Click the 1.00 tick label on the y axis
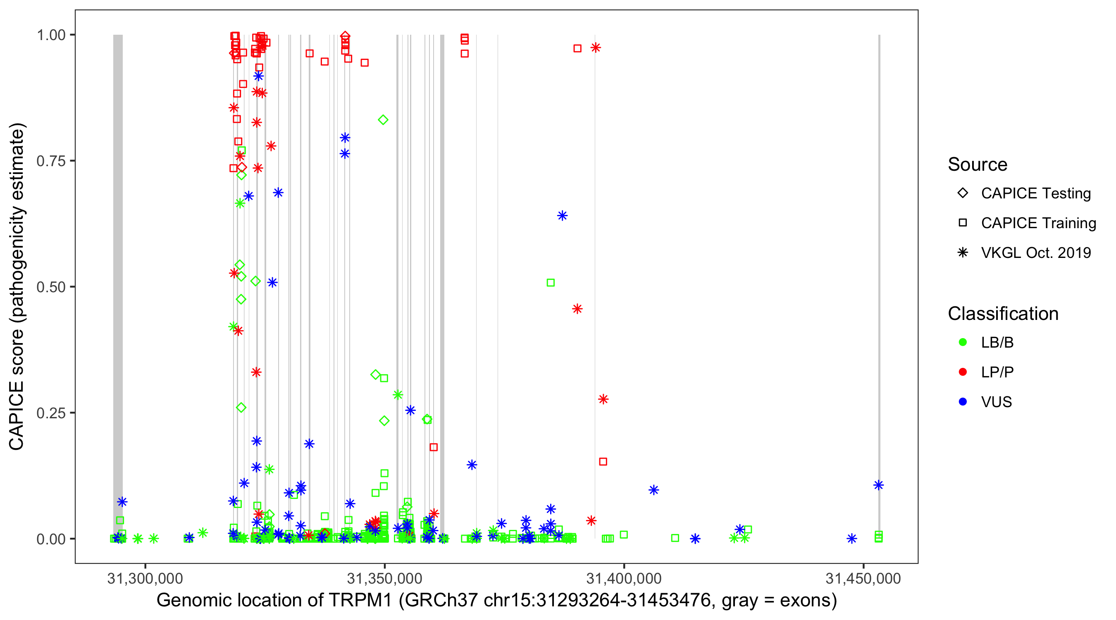(x=51, y=35)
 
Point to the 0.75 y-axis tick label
(x=51, y=161)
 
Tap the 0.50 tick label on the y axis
(x=51, y=287)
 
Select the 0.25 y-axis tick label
(x=51, y=413)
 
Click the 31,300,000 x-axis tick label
(x=145, y=578)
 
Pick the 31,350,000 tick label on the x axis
(x=385, y=578)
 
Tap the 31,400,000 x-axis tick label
(x=624, y=578)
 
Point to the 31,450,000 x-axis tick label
(x=863, y=578)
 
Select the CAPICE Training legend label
(x=1038, y=223)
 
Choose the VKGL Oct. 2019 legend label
(x=1036, y=253)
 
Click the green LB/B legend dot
(x=963, y=342)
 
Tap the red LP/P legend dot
(x=963, y=372)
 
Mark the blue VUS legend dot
(x=963, y=402)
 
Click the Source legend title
(x=978, y=165)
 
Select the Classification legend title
(x=1003, y=314)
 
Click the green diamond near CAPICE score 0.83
(x=383, y=119)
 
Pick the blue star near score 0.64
(x=562, y=216)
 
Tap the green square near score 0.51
(x=551, y=282)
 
